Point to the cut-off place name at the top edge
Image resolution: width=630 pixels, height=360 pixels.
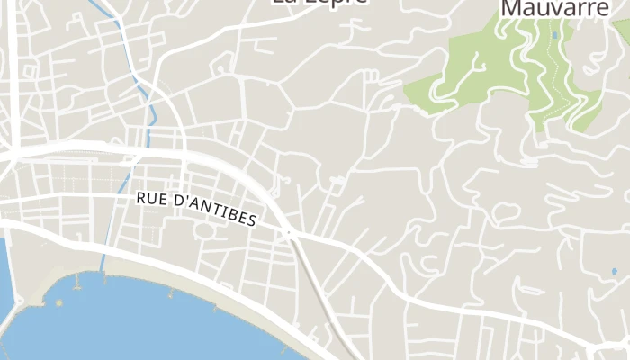pos(319,3)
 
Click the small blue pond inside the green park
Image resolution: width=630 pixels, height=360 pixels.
pos(554,36)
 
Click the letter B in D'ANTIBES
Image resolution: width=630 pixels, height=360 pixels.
pos(230,215)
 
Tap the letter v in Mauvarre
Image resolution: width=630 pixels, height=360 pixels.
pos(559,9)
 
